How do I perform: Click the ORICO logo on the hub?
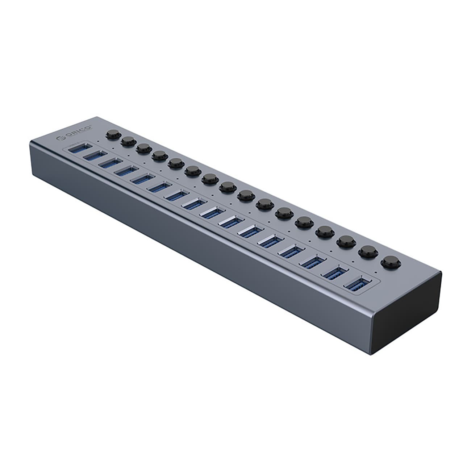pos(75,132)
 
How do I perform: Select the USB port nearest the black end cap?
pos(358,284)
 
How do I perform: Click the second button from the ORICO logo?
pos(127,141)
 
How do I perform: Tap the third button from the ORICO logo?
pos(143,148)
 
